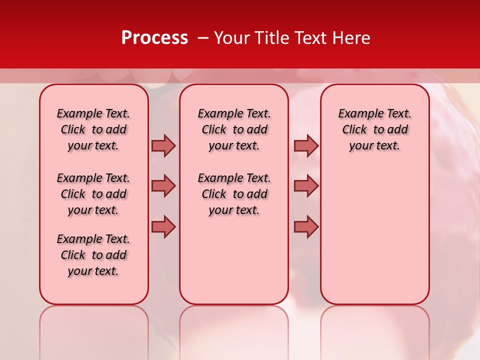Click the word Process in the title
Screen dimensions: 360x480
pyautogui.click(x=154, y=38)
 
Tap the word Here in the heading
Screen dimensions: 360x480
pyautogui.click(x=350, y=38)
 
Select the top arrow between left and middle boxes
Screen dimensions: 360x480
pyautogui.click(x=163, y=146)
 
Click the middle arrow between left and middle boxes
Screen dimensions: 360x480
pyautogui.click(x=163, y=186)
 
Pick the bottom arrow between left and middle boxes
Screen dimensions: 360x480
pyautogui.click(x=163, y=226)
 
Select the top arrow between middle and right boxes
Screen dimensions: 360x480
pyautogui.click(x=306, y=146)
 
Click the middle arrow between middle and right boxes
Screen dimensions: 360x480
pyautogui.click(x=306, y=186)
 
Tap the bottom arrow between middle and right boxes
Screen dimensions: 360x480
pyautogui.click(x=306, y=226)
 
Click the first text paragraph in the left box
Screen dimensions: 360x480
pyautogui.click(x=93, y=129)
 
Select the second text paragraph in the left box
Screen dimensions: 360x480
pyautogui.click(x=93, y=194)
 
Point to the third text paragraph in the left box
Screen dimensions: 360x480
pyautogui.click(x=93, y=255)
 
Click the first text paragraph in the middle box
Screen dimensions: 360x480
pyautogui.click(x=234, y=129)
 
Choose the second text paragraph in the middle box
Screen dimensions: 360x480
pyautogui.click(x=234, y=194)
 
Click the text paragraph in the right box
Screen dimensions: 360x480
pyautogui.click(x=375, y=129)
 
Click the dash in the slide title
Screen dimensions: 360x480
pyautogui.click(x=202, y=38)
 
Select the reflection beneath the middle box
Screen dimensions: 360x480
pyautogui.click(x=234, y=330)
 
